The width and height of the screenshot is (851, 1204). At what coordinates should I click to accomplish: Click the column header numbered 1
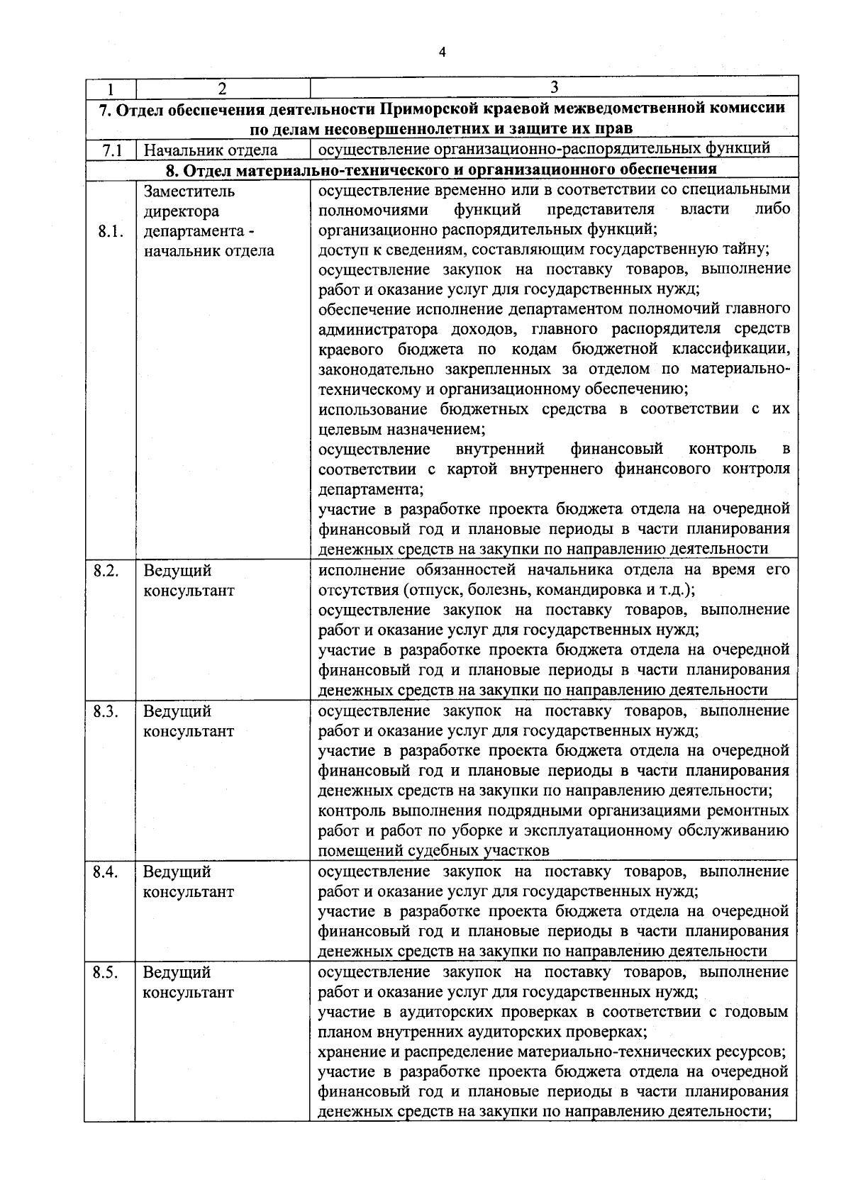(111, 89)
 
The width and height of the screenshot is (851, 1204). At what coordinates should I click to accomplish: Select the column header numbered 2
(223, 89)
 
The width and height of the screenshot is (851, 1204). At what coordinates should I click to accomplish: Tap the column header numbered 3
(554, 87)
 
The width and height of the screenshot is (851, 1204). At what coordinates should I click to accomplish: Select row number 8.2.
(106, 570)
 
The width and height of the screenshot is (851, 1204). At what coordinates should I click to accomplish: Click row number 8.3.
(106, 710)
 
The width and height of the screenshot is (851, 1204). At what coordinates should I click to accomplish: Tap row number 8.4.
(106, 871)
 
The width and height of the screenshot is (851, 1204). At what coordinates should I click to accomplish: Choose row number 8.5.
(106, 972)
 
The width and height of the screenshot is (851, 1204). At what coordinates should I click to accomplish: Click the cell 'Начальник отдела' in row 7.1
(210, 150)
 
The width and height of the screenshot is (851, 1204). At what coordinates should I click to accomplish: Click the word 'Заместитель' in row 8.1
(189, 191)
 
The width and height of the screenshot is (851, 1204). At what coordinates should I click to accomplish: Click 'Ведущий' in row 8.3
(177, 711)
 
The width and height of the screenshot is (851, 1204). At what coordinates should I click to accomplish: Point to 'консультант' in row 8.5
(188, 993)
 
